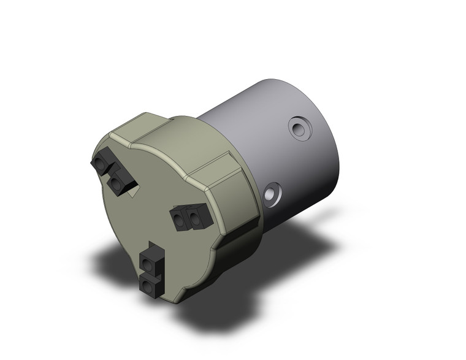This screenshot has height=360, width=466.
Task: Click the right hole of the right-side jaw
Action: click(196, 216)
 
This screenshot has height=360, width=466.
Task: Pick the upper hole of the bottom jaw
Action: click(148, 263)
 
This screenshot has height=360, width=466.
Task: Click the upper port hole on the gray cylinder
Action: click(299, 129)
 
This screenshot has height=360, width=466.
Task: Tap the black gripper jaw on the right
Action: click(191, 216)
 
